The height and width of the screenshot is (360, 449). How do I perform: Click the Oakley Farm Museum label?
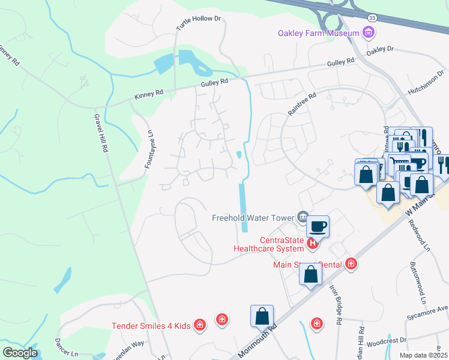click(x=318, y=33)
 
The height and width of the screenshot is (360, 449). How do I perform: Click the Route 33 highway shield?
click(x=373, y=19)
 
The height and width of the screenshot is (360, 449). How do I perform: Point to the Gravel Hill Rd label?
click(x=100, y=132)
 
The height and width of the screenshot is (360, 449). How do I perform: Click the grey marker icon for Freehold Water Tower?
click(x=303, y=217)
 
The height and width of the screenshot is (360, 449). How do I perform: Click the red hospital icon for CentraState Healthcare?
click(x=312, y=243)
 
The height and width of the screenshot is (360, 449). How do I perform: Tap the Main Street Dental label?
click(x=307, y=263)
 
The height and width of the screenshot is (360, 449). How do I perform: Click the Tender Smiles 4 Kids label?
click(x=151, y=326)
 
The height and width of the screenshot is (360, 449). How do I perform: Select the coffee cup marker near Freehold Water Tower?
click(x=318, y=226)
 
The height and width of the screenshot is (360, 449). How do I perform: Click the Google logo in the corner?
click(x=20, y=353)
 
